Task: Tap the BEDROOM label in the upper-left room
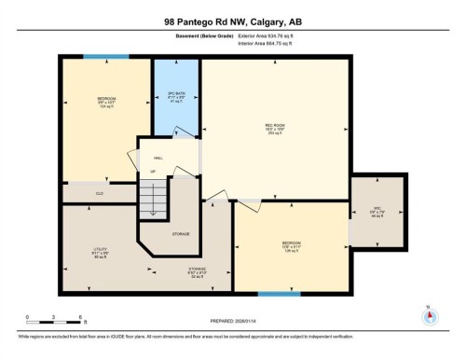click(x=106, y=99)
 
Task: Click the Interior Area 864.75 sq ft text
click(x=275, y=43)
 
